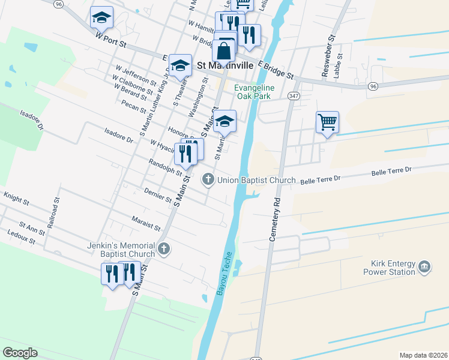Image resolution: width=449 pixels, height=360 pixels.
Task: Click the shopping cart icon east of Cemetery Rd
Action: [327, 122]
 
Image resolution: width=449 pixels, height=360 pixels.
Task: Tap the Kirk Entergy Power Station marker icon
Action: [425, 266]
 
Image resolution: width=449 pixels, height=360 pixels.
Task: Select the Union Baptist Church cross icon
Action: [208, 179]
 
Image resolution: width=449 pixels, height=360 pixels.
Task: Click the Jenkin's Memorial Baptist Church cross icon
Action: [163, 247]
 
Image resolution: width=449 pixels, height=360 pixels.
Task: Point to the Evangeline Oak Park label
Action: [255, 91]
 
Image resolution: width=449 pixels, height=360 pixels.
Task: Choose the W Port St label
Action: [112, 40]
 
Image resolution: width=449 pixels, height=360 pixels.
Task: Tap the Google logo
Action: [20, 353]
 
